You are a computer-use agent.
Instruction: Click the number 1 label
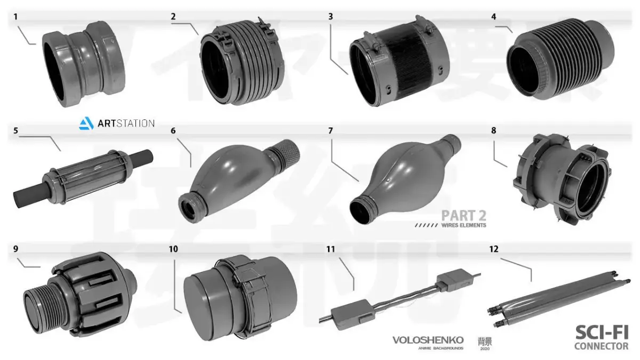coord(15,17)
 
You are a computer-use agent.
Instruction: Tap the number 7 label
coord(331,131)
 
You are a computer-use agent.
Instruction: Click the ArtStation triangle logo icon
coord(86,124)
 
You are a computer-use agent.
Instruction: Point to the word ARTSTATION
coord(126,124)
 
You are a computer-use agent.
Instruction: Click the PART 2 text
coord(463,215)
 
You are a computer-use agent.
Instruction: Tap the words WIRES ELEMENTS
coord(463,226)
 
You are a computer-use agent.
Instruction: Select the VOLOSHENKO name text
coord(428,340)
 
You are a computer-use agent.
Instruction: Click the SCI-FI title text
coord(602,333)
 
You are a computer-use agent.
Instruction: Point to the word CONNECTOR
coord(601,346)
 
